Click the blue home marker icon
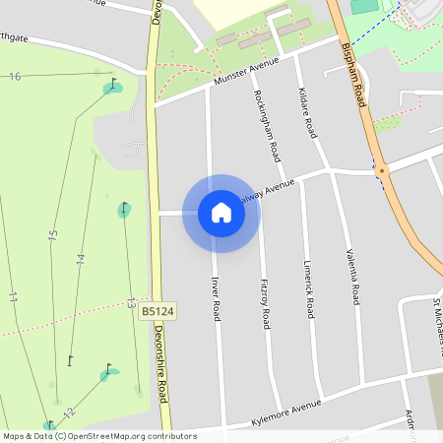pyautogui.click(x=221, y=213)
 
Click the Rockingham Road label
pyautogui.click(x=268, y=130)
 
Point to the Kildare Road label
pyautogui.click(x=306, y=110)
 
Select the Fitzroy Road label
pyautogui.click(x=263, y=306)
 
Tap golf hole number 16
pyautogui.click(x=15, y=77)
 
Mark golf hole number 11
pyautogui.click(x=13, y=296)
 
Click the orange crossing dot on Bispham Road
pyautogui.click(x=382, y=170)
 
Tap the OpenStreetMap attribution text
pyautogui.click(x=99, y=435)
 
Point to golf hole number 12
pyautogui.click(x=68, y=414)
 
